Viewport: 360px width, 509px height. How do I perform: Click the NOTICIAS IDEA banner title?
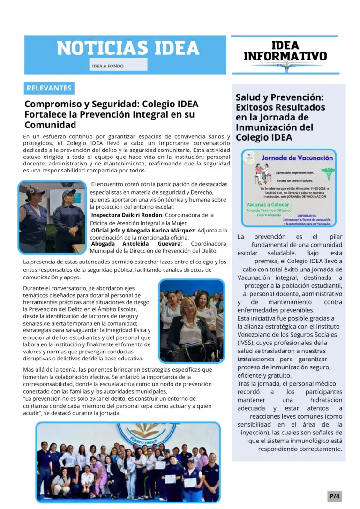pos(127,48)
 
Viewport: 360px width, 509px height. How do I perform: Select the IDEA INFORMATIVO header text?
pos(285,51)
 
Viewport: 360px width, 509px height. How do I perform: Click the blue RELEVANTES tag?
pos(49,88)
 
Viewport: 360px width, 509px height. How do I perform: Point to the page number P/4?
pos(335,495)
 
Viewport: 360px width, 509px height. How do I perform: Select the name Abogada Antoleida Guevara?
pos(135,244)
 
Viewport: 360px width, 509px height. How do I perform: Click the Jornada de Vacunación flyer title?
pos(297,158)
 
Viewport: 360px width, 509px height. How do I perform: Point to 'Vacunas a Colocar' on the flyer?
pos(269,205)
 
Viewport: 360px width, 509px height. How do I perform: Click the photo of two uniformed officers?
pos(52,217)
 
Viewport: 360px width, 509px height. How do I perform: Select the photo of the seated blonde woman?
pos(191,321)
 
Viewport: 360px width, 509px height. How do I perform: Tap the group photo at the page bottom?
pos(127,462)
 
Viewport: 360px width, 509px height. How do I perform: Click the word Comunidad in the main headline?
pos(50,125)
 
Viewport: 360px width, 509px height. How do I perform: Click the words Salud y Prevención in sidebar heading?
pos(279,97)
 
